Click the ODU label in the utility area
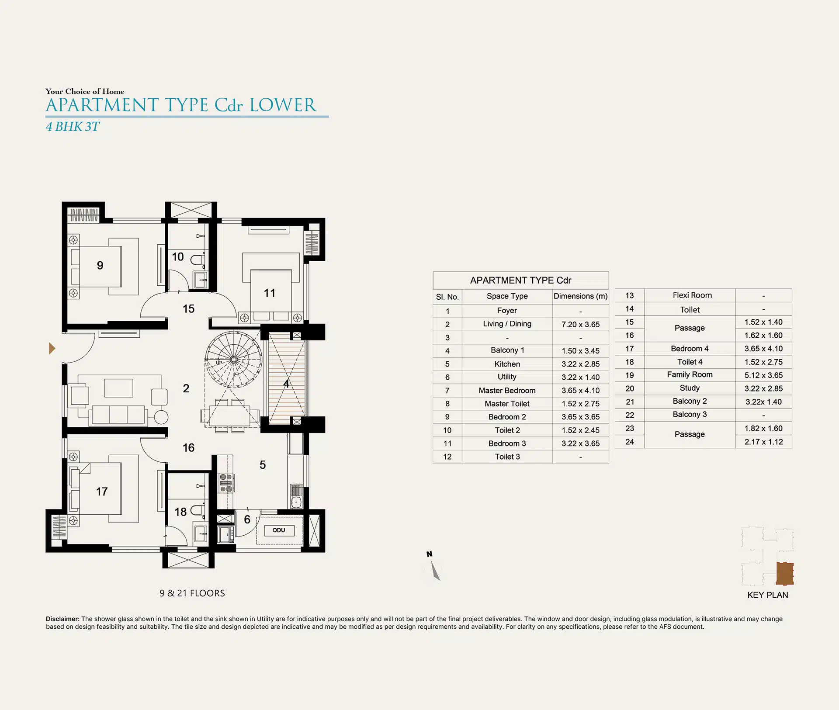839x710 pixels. click(x=279, y=530)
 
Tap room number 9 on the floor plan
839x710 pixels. click(x=100, y=265)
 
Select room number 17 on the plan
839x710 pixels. click(x=102, y=492)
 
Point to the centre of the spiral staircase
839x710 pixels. click(x=233, y=360)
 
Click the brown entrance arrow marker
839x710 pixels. click(x=52, y=348)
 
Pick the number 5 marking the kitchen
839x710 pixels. click(x=263, y=465)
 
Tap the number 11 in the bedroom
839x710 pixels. click(x=270, y=293)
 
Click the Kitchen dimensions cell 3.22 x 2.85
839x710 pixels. click(x=580, y=364)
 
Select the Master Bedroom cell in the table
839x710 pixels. click(x=507, y=391)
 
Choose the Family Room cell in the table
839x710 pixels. click(x=690, y=375)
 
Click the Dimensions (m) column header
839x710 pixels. click(x=580, y=296)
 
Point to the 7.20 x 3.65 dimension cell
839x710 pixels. click(x=580, y=324)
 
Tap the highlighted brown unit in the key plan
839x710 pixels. click(x=785, y=573)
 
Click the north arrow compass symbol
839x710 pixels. click(x=434, y=568)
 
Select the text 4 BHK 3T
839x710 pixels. click(x=73, y=127)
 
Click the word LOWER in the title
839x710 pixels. click(x=283, y=105)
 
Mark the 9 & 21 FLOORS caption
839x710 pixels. click(x=192, y=593)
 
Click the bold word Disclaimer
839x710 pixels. click(x=62, y=619)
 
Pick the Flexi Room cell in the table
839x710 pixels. click(x=692, y=295)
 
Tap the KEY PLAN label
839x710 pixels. click(x=767, y=595)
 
